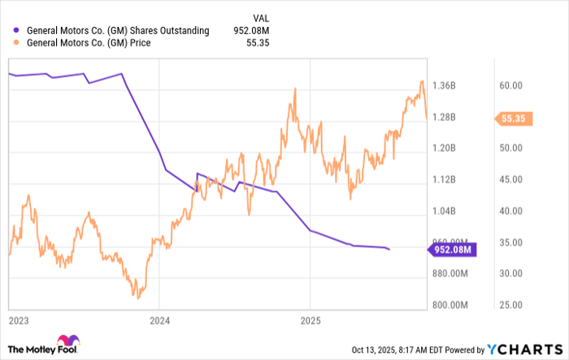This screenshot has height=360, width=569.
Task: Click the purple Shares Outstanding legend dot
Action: click(17, 31)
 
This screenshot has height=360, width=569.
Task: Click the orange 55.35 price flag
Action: click(514, 119)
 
